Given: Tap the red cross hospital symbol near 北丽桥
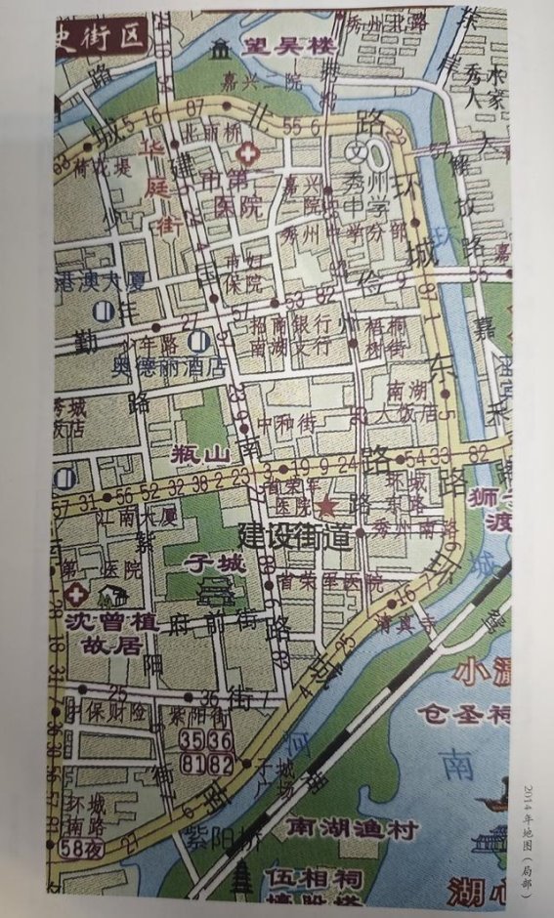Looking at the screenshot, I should pyautogui.click(x=247, y=153).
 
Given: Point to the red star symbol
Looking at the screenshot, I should pyautogui.click(x=325, y=506).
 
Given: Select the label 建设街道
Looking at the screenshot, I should pyautogui.click(x=294, y=536).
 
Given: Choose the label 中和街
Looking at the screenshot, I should pyautogui.click(x=283, y=424).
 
